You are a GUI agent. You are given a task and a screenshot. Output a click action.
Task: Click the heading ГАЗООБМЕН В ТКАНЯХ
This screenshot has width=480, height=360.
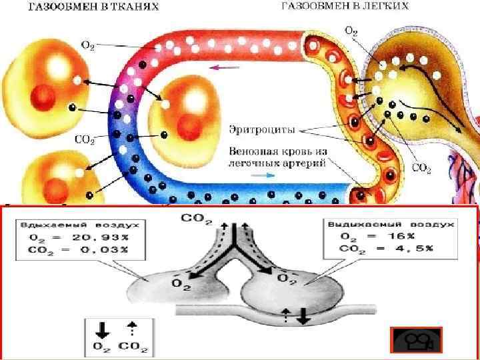(93, 7)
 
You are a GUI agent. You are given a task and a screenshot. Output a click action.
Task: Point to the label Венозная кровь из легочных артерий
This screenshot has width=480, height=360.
(277, 157)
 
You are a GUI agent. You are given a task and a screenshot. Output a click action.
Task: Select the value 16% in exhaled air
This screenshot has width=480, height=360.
(403, 236)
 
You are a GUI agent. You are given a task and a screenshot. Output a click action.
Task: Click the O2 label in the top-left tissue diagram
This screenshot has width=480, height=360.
(87, 45)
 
